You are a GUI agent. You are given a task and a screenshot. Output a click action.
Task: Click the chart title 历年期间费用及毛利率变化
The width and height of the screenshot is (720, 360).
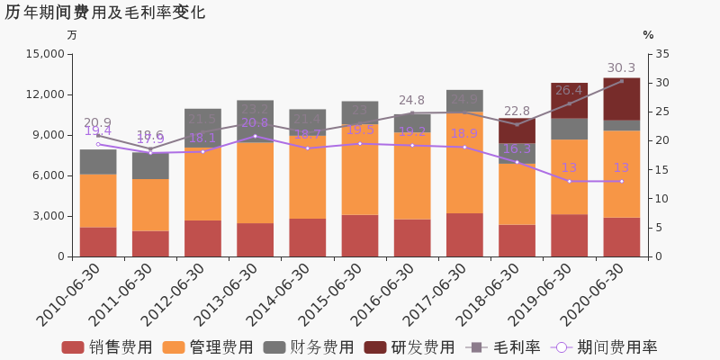coord(105,13)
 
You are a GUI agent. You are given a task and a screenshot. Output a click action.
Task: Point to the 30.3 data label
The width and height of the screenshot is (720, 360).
coord(621,68)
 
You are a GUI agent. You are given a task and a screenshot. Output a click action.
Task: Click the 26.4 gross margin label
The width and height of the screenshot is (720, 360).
coord(569,91)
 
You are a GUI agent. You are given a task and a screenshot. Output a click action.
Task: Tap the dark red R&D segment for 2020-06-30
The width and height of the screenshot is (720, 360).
coord(621,99)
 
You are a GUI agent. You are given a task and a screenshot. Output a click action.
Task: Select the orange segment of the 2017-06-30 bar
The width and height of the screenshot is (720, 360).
coord(464,162)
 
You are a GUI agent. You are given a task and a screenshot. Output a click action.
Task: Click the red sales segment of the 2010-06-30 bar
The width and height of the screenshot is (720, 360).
coord(98,241)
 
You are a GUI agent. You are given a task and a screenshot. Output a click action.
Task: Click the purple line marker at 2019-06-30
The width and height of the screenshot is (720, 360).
coord(569,181)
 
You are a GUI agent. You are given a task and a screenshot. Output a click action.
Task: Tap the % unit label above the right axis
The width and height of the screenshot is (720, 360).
coord(648,35)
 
